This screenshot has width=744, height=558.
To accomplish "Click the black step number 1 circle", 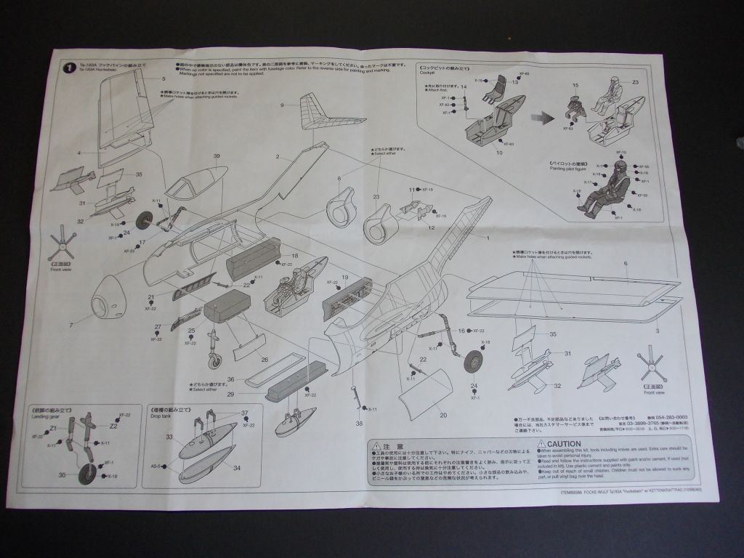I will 68,68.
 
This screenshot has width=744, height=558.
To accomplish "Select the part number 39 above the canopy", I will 217,156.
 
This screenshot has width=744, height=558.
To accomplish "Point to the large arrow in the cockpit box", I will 539,116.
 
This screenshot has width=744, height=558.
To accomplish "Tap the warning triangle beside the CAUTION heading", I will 541,443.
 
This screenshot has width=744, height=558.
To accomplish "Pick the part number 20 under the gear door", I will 443,416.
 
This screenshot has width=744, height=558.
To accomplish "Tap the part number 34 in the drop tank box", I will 238,469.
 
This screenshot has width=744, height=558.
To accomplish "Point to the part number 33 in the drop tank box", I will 169,437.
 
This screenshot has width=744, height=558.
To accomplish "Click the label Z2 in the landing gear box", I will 113,426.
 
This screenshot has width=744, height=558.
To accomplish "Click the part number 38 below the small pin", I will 359,424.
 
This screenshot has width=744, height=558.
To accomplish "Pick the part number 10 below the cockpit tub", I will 499,153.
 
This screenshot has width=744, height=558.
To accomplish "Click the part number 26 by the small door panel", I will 264,359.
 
